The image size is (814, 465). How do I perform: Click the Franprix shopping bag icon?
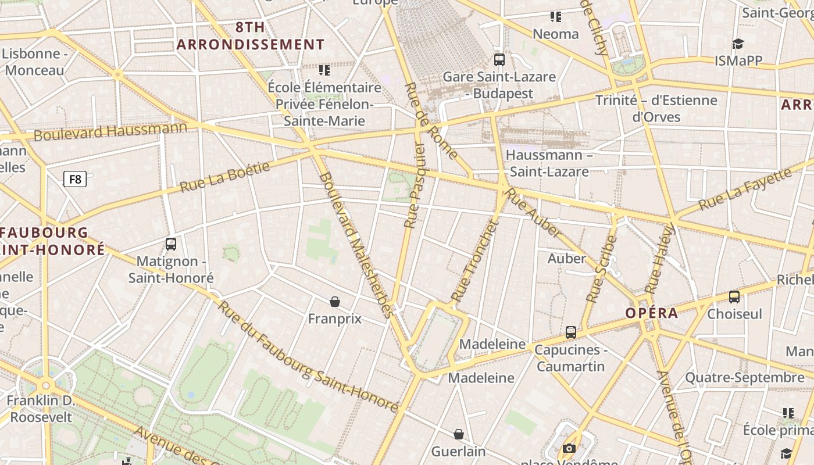point(335,301)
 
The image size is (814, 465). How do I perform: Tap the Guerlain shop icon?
point(459,434)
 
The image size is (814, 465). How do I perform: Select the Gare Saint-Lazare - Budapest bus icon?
point(499,59)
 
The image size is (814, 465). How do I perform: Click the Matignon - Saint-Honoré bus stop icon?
point(171,244)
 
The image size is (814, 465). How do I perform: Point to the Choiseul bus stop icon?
point(734,297)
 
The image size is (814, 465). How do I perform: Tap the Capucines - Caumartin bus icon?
point(571,332)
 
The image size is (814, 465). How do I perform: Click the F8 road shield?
point(75,179)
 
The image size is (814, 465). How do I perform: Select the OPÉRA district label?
point(652,313)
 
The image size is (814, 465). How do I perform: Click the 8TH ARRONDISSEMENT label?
point(251,36)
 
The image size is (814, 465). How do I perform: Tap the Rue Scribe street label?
point(601,269)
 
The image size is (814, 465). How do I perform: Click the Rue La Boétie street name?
point(225,177)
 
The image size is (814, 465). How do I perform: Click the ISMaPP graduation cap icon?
point(738,44)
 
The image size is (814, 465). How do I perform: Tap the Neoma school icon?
point(556,17)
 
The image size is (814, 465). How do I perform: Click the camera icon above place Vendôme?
point(569,448)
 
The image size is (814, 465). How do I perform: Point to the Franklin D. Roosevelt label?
point(41,409)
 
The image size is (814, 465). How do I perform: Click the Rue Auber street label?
point(534,213)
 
